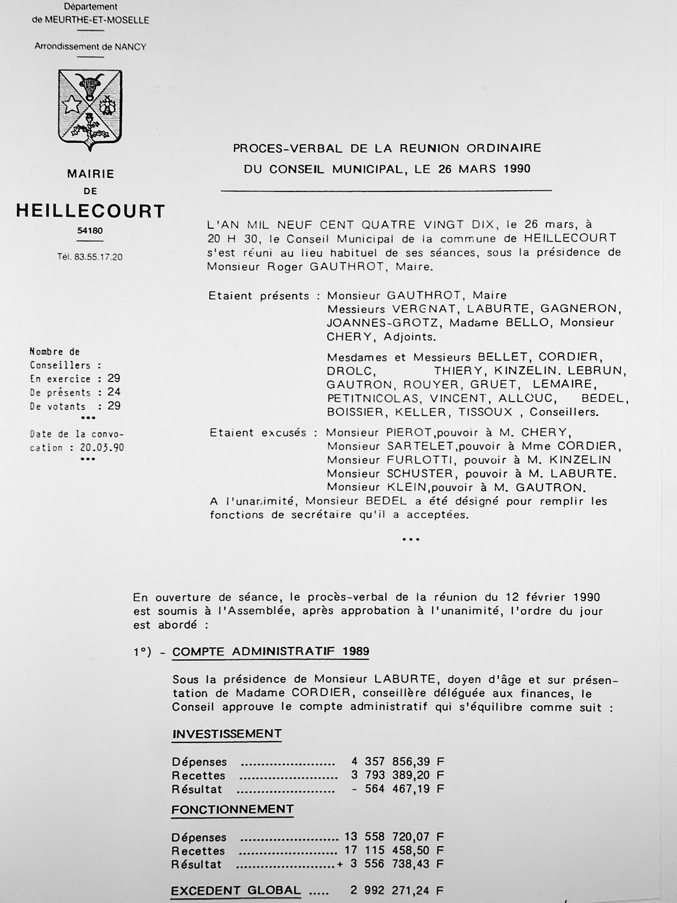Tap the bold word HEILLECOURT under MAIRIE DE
(91, 211)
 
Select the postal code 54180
(90, 231)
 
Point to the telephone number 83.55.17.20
(98, 257)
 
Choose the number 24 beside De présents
(114, 392)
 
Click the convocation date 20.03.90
(102, 448)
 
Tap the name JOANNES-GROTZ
(384, 323)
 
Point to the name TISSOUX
(485, 412)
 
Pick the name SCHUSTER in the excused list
(420, 474)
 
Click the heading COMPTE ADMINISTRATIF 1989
(271, 651)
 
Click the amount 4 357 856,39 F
(397, 761)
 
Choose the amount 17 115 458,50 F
(394, 850)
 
